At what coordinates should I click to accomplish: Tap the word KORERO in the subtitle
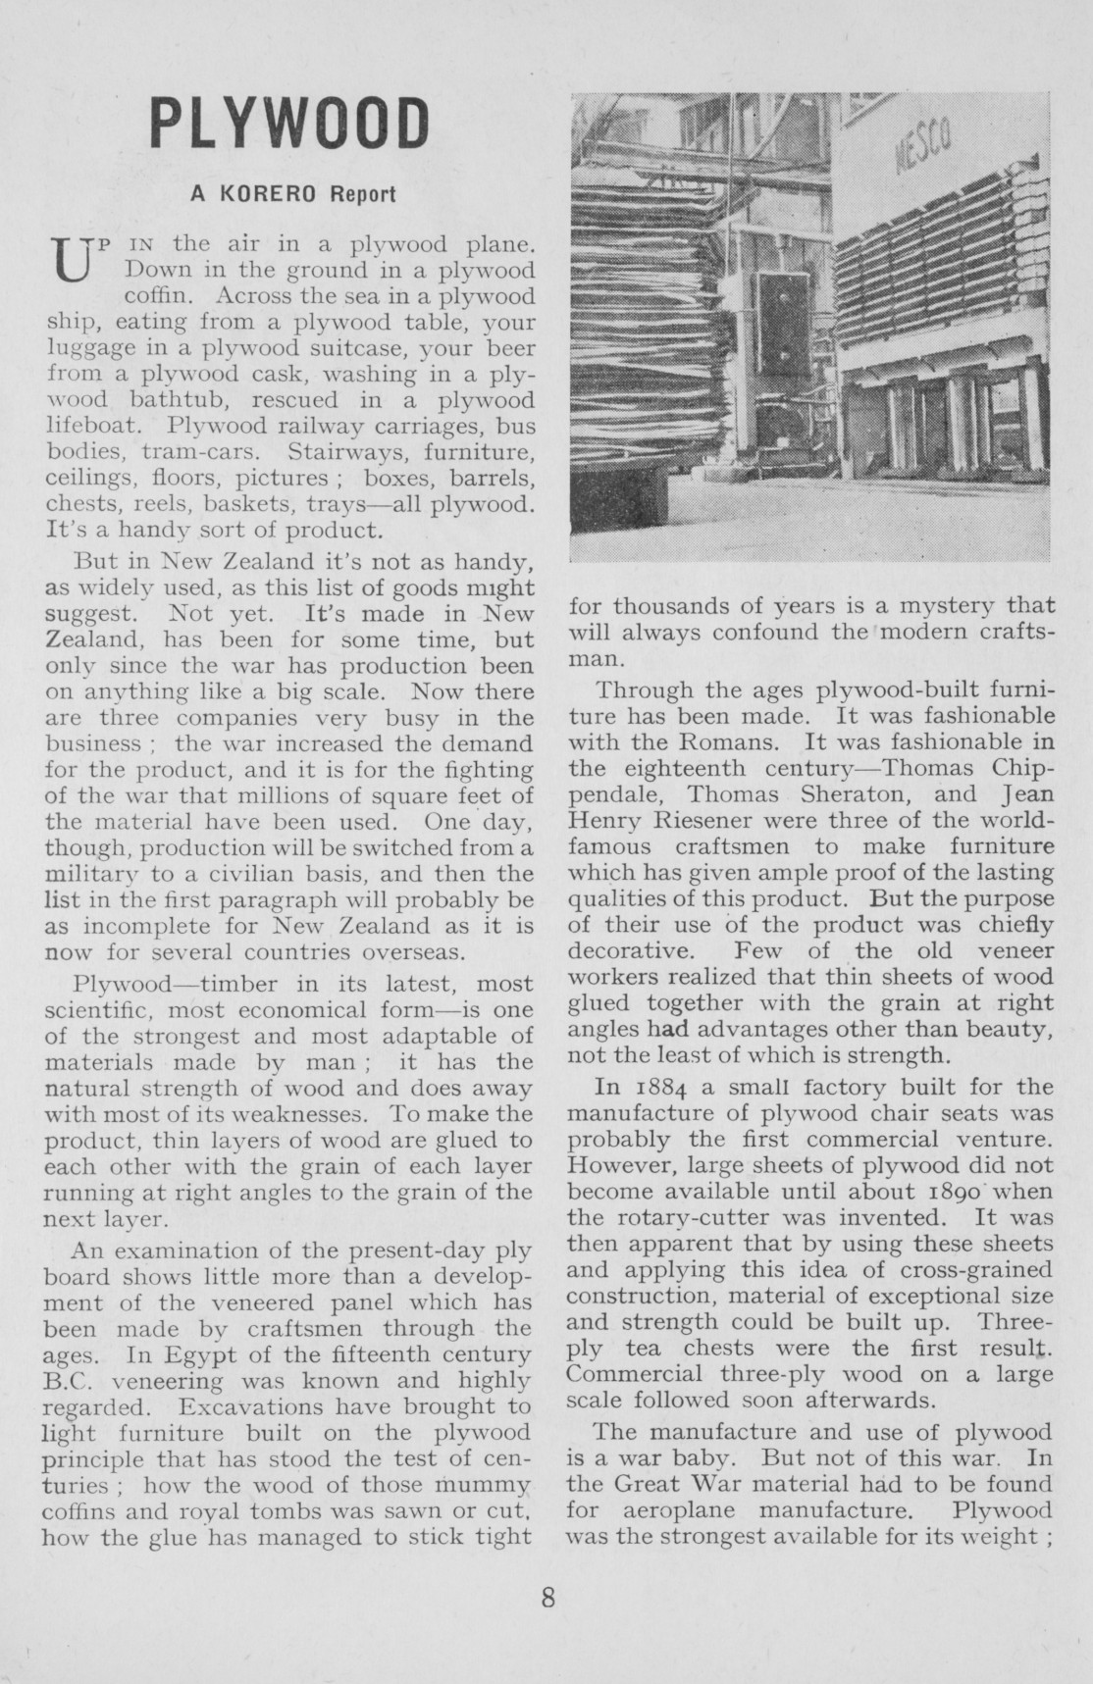point(268,194)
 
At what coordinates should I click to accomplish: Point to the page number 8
point(547,1598)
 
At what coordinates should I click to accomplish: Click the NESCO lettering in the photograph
point(924,149)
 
